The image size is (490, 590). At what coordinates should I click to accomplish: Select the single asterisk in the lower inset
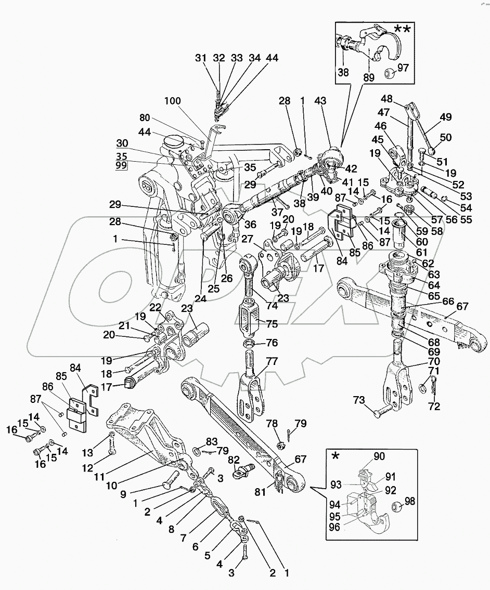[x=336, y=456]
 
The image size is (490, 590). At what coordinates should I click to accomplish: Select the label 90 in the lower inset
[x=379, y=456]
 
